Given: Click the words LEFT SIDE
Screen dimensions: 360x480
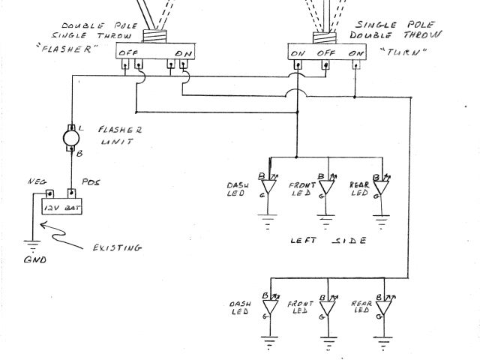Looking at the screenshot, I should pyautogui.click(x=328, y=241).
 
